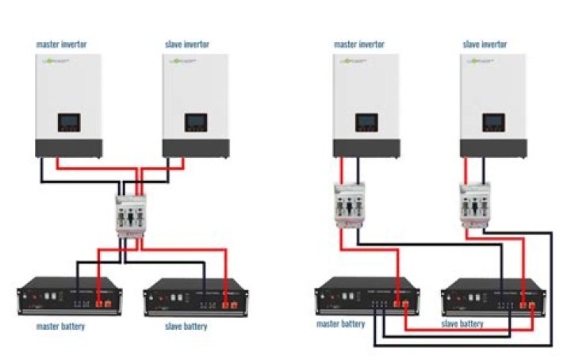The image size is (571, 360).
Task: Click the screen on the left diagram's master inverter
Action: [x=69, y=123]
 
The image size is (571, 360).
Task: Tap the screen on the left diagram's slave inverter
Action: [x=196, y=123]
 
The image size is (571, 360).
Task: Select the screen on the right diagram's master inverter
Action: [x=366, y=123]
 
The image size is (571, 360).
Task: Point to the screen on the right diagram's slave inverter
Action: [x=493, y=123]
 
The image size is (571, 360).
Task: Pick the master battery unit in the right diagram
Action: [x=363, y=296]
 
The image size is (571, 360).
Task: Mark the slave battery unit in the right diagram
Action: [x=490, y=296]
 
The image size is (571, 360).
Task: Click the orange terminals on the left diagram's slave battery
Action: [x=228, y=304]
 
